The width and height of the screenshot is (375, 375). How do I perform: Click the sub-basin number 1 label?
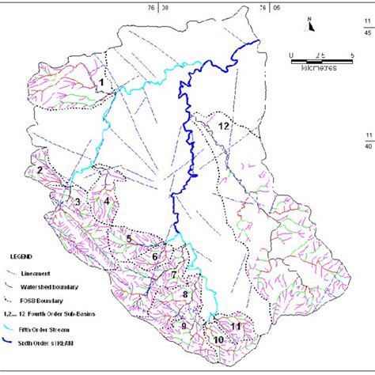[100, 81]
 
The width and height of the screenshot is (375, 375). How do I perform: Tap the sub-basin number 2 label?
[38, 169]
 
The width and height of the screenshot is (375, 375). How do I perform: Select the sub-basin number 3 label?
[78, 202]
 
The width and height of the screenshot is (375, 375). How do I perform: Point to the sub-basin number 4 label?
[106, 201]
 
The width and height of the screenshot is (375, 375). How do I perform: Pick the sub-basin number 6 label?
[155, 256]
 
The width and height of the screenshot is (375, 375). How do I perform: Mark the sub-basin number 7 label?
[173, 274]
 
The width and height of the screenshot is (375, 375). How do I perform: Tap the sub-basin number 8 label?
[184, 295]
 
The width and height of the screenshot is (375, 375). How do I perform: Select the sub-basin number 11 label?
[235, 325]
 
